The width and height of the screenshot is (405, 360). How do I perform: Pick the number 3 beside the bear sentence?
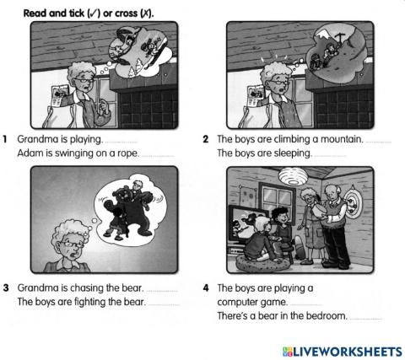[7, 287]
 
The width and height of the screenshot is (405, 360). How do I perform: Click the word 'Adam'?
[30, 153]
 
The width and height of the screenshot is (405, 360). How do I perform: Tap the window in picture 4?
[246, 191]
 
